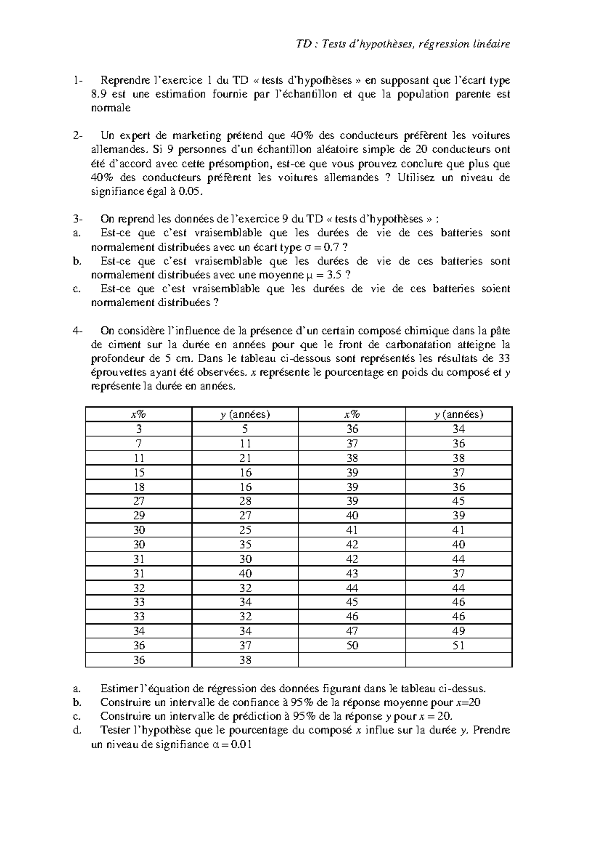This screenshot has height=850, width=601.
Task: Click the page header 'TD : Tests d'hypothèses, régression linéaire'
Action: (x=403, y=44)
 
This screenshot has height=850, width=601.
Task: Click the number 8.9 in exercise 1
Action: (x=99, y=94)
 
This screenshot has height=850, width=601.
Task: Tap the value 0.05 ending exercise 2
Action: (x=195, y=192)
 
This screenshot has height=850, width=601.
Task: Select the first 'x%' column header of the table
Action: (x=138, y=414)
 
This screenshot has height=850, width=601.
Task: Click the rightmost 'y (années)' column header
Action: (x=458, y=414)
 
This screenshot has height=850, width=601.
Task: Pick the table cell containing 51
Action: (x=458, y=646)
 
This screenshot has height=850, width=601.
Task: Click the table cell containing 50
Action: (x=352, y=646)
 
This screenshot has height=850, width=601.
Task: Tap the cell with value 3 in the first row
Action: (x=138, y=429)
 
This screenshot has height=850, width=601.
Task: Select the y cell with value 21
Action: (x=245, y=458)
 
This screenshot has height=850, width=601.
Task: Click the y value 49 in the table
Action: (x=458, y=631)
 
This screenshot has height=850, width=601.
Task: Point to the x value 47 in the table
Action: (x=352, y=631)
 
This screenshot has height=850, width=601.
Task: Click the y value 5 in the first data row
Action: (x=245, y=429)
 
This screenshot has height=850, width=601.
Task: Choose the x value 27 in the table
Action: (x=138, y=501)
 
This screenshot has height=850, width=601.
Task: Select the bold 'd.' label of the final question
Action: (x=77, y=730)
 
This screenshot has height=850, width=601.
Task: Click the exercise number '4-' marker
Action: (x=77, y=331)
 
